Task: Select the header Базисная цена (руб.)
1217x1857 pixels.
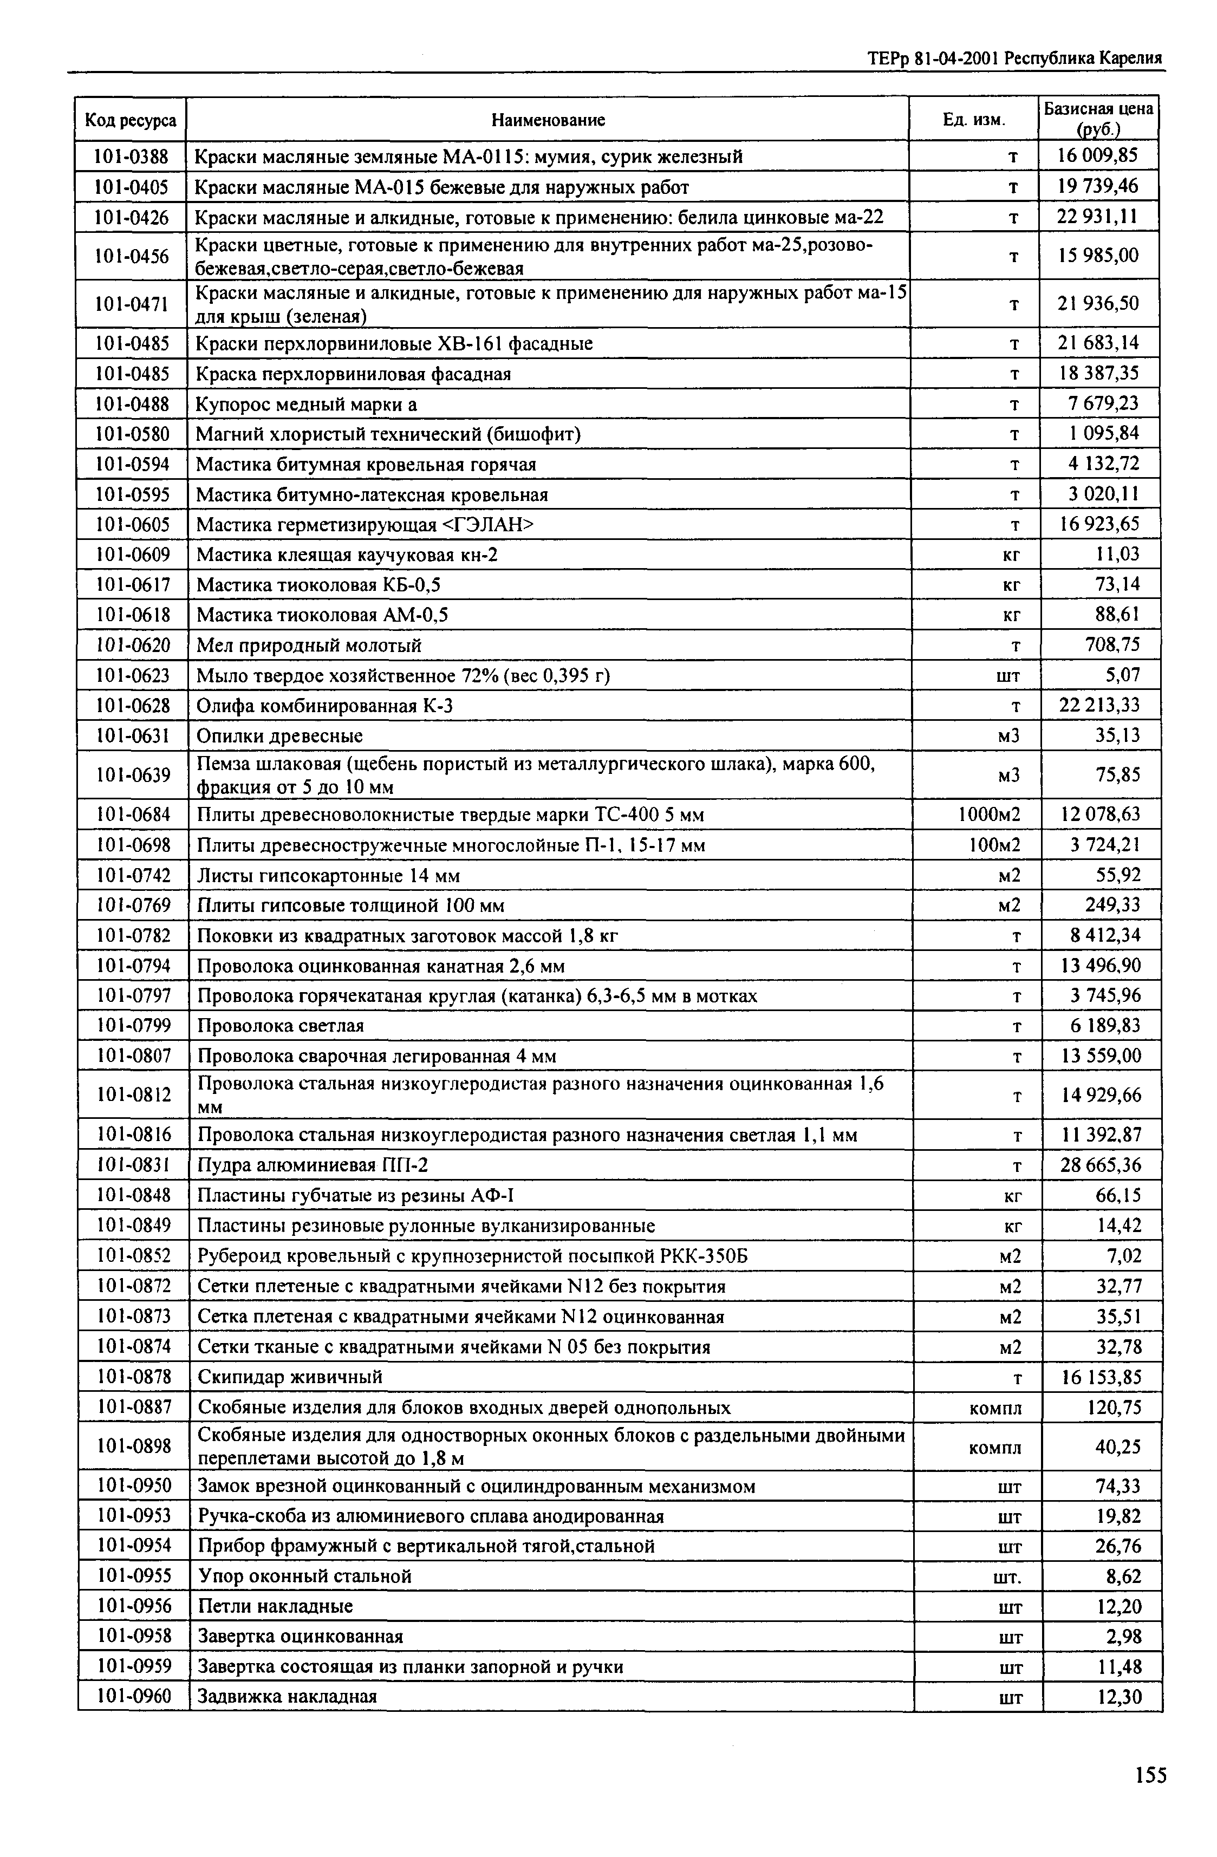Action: click(x=1098, y=119)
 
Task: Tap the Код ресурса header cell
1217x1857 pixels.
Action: click(x=131, y=120)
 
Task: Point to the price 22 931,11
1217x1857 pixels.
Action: click(x=1098, y=216)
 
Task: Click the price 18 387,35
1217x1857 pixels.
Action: click(x=1098, y=373)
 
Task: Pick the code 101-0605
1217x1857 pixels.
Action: click(x=133, y=524)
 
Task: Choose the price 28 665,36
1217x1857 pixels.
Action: click(x=1100, y=1165)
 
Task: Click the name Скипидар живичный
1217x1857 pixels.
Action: click(x=290, y=1376)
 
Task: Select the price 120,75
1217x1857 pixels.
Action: click(x=1113, y=1407)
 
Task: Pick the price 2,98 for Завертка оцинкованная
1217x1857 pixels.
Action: click(x=1123, y=1636)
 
